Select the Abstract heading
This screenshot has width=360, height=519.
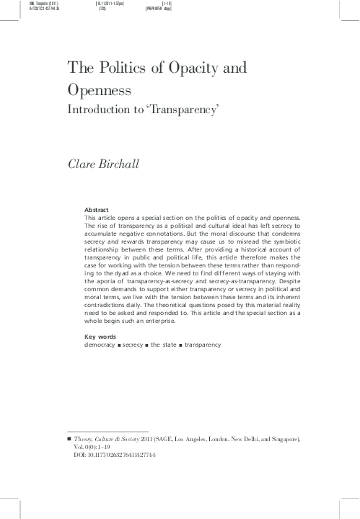click(97, 209)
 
